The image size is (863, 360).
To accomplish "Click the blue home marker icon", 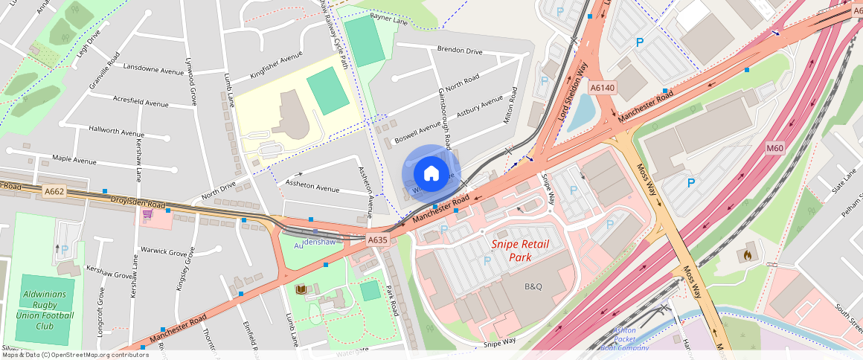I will [x=431, y=174].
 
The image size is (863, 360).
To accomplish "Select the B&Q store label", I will [x=534, y=286].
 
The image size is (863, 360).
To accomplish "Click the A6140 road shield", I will [x=603, y=88].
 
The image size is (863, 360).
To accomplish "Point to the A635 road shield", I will [x=378, y=240].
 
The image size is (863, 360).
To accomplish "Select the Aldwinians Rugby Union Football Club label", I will [x=45, y=309].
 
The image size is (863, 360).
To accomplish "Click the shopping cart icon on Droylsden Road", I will [x=147, y=214].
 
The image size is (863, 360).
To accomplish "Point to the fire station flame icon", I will [x=745, y=254].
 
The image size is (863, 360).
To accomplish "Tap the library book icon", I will [x=301, y=289].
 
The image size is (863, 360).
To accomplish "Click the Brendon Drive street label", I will [x=460, y=51].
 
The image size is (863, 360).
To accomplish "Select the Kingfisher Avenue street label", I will [x=276, y=65].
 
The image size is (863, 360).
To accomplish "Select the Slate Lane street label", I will [x=839, y=185].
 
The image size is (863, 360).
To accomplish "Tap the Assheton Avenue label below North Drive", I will [x=312, y=189].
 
